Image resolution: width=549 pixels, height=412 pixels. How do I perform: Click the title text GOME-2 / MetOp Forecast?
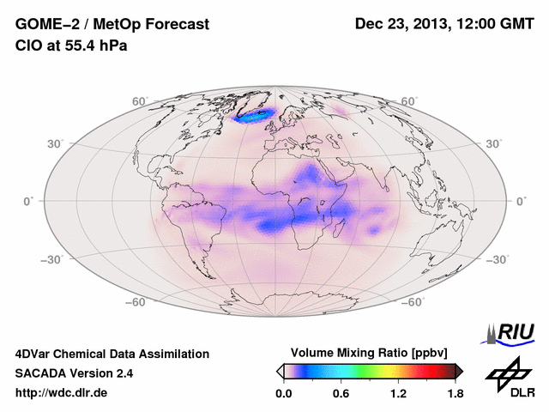pos(112,25)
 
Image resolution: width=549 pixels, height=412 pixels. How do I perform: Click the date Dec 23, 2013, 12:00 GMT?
pos(443,25)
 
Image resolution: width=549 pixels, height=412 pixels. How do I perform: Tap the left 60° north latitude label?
pos(139,101)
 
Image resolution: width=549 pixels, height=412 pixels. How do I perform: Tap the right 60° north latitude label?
pos(409,101)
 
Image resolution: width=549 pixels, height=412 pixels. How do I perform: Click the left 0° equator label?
pos(29,201)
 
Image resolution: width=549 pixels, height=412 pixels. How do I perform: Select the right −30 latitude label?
pos(497,258)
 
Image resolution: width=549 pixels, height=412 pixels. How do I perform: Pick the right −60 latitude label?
pos(413,302)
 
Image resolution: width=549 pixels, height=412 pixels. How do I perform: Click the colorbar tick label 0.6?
pos(341,394)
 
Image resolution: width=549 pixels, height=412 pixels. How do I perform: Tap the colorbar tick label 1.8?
pos(455,394)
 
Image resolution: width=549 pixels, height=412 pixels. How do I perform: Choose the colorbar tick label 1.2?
pos(397,394)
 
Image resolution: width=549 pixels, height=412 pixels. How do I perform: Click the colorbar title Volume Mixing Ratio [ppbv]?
pos(370,353)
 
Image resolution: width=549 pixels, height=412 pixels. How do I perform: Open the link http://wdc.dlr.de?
pos(62,394)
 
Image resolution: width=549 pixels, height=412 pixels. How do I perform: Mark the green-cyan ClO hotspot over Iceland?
pos(257,113)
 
